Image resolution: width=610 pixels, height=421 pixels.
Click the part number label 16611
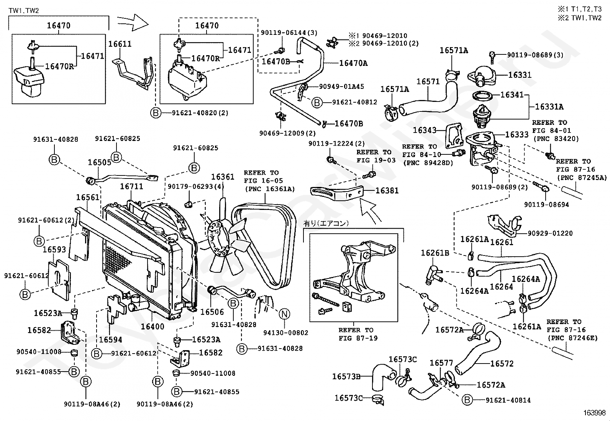120,44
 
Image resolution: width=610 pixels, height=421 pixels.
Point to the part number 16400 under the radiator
152,326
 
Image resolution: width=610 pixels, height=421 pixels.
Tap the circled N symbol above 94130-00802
284,314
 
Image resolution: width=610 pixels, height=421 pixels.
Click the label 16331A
549,107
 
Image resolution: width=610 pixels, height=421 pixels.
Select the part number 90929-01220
550,233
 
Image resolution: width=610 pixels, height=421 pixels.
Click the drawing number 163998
594,413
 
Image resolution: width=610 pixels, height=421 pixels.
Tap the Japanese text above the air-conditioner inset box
326,224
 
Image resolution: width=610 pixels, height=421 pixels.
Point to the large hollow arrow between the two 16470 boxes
133,23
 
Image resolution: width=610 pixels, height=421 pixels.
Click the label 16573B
346,376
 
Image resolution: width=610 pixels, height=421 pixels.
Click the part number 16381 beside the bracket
387,191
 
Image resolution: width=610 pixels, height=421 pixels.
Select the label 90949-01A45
341,87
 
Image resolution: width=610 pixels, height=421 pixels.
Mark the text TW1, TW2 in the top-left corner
24,11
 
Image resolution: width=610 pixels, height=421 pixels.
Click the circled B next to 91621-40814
467,400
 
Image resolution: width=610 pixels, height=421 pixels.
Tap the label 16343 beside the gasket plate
425,130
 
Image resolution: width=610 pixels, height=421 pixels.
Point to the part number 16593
54,249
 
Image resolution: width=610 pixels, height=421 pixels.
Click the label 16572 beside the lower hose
502,364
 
